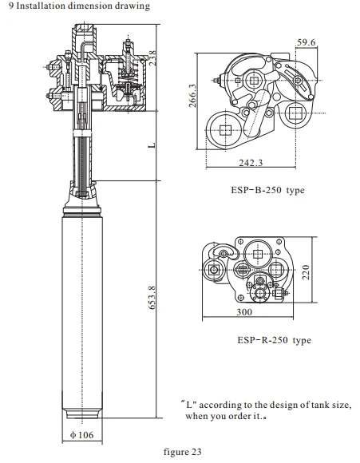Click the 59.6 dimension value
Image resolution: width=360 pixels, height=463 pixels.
[x=307, y=42]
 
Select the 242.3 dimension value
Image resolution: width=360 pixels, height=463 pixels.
[x=251, y=163]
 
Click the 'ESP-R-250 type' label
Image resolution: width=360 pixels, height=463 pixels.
[x=274, y=340]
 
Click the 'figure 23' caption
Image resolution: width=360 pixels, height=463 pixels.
[x=183, y=452]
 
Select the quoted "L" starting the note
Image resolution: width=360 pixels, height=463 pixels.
[x=188, y=405]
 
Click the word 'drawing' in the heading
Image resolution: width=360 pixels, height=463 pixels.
[x=120, y=6]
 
